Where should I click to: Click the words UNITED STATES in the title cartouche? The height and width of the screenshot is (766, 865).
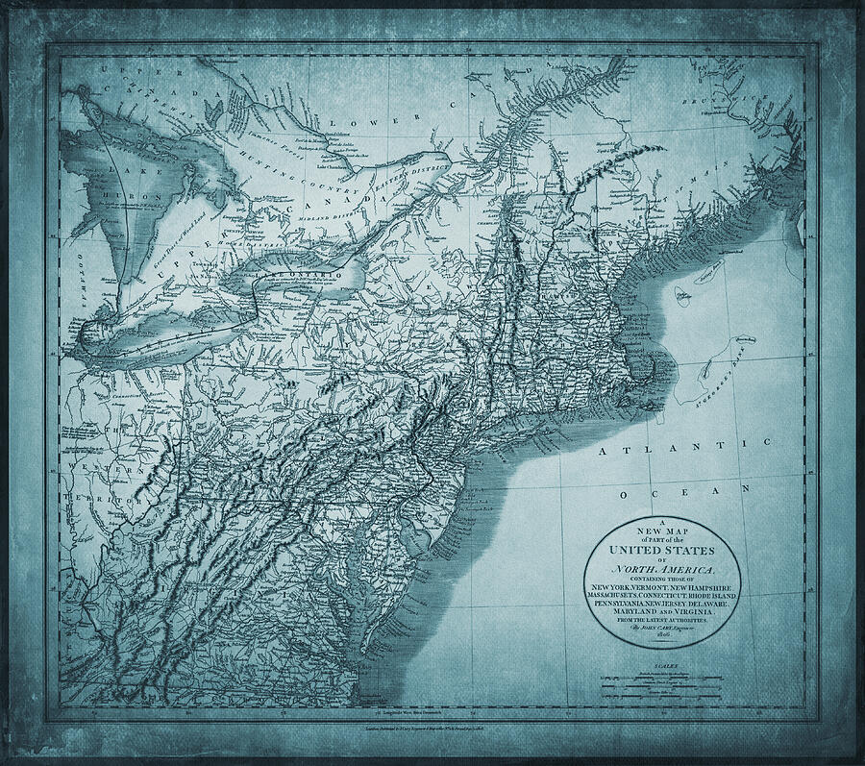click(662, 551)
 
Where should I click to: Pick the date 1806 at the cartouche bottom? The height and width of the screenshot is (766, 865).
click(662, 632)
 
